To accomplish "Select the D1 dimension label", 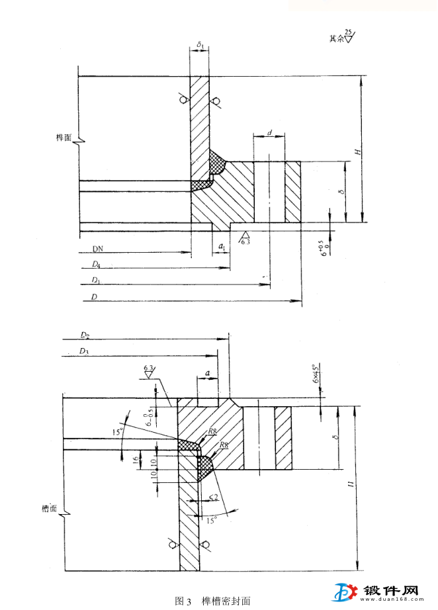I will click(97, 281).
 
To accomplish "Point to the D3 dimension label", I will click(84, 351).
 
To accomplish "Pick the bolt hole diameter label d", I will click(270, 133).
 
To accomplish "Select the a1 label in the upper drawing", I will click(222, 247).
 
